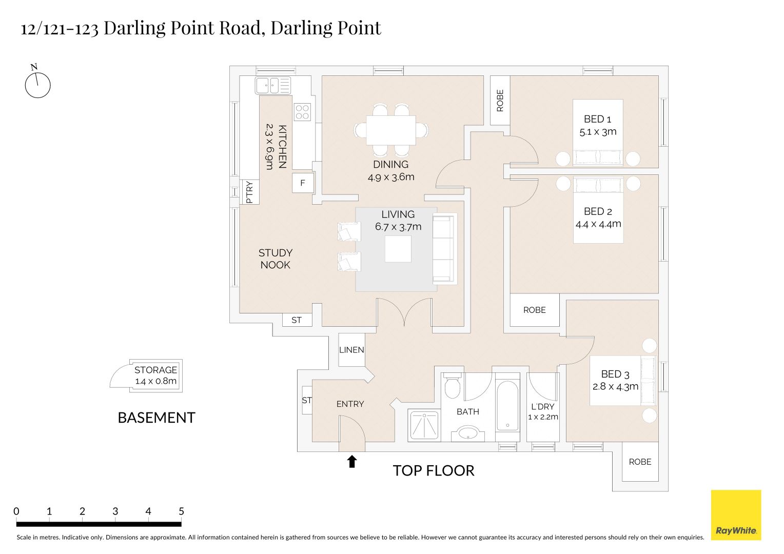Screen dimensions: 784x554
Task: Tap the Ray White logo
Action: [x=736, y=515]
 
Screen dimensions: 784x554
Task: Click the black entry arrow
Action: [x=352, y=461]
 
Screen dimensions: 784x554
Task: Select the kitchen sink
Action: [x=272, y=85]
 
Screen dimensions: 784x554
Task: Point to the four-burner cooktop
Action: [x=302, y=112]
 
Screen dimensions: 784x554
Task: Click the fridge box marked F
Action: [x=303, y=183]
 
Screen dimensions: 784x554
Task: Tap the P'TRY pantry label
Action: [x=249, y=192]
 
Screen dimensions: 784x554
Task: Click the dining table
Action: [x=391, y=130]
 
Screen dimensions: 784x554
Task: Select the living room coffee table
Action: [x=398, y=249]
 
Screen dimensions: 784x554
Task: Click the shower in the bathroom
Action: [x=424, y=425]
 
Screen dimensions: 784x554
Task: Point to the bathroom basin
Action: [x=468, y=433]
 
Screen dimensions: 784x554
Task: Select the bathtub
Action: [x=507, y=406]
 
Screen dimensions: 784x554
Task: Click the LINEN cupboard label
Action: [x=351, y=350]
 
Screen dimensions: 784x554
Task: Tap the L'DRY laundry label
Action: [x=543, y=407]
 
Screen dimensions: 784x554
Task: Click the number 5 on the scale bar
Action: [x=181, y=511]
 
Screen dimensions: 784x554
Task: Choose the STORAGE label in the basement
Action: [x=156, y=370]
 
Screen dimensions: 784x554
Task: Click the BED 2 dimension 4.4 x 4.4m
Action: [x=598, y=224]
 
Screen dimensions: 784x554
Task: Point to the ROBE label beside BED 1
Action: [x=500, y=101]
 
